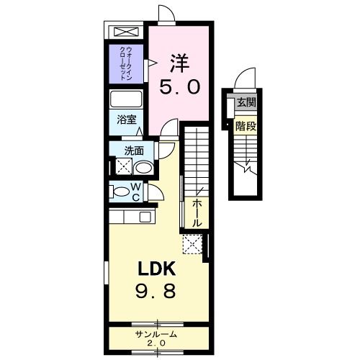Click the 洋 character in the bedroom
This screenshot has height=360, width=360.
(179, 62)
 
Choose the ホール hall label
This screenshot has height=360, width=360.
(197, 213)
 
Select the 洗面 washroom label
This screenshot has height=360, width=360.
(133, 150)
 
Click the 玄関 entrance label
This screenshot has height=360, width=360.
(246, 102)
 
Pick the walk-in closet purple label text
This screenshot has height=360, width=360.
(127, 63)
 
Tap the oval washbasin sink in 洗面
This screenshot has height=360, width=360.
(143, 168)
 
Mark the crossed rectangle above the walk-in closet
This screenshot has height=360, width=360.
(126, 33)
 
